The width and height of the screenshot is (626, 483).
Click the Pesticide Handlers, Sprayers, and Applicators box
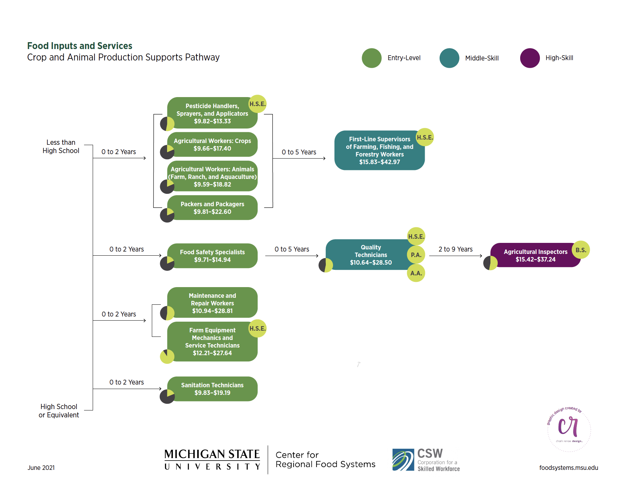click(212, 113)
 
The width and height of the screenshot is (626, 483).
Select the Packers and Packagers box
click(212, 208)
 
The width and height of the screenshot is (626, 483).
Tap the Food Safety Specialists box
click(212, 256)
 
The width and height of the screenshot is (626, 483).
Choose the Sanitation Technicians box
click(212, 389)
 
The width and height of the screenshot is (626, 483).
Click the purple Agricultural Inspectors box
click(535, 255)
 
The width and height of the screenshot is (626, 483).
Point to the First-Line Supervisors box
click(379, 150)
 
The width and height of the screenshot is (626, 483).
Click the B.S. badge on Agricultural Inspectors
click(581, 250)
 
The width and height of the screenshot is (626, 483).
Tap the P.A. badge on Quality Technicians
click(416, 255)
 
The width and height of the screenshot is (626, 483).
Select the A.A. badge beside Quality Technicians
click(416, 273)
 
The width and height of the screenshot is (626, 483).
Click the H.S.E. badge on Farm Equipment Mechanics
click(258, 329)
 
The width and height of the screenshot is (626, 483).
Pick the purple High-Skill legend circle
click(530, 58)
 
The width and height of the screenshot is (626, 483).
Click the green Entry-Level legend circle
click(371, 58)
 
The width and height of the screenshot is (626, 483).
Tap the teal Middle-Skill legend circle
click(449, 58)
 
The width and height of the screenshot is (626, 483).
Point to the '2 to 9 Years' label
click(455, 249)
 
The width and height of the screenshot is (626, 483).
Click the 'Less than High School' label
click(61, 146)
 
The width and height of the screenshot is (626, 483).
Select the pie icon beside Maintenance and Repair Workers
click(167, 313)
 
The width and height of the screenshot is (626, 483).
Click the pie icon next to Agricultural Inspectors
click(490, 263)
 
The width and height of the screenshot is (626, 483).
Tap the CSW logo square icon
click(403, 460)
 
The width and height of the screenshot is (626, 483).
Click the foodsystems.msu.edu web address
click(568, 468)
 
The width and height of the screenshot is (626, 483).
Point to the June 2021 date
click(41, 468)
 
